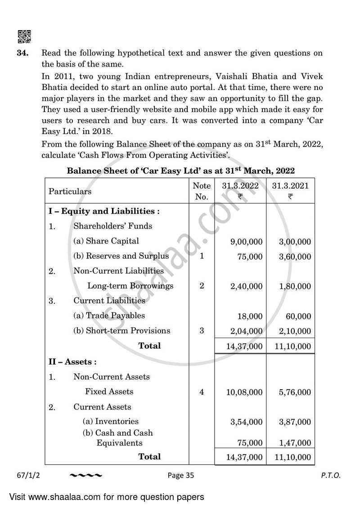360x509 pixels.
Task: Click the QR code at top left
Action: pos(24,36)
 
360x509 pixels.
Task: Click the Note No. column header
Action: pos(201,191)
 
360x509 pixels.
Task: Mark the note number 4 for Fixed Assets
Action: pos(202,392)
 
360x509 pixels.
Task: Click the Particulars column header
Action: pos(70,191)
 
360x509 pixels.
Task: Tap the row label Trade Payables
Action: pos(109,316)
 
